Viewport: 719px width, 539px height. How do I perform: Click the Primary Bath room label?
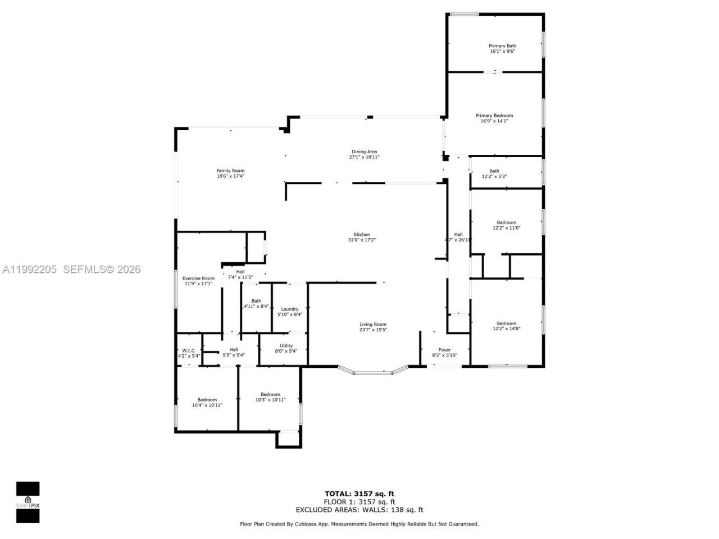click(x=502, y=46)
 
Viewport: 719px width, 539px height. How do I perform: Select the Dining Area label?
click(x=364, y=152)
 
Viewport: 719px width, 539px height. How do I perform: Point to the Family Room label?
click(x=230, y=171)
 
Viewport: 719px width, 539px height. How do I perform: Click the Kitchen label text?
click(x=362, y=235)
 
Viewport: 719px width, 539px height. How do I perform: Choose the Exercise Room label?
click(x=198, y=278)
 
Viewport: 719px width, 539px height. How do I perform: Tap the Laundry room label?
click(x=290, y=309)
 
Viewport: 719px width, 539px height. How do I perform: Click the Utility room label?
click(x=286, y=346)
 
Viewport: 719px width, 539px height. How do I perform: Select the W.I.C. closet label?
click(x=189, y=350)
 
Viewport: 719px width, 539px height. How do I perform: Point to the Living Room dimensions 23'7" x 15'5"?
click(x=373, y=330)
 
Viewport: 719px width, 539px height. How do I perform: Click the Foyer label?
click(x=444, y=350)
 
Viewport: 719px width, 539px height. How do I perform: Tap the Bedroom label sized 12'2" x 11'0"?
click(x=506, y=222)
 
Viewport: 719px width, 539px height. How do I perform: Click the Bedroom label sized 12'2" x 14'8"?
click(x=506, y=323)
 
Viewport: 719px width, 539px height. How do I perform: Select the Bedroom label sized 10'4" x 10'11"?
click(x=207, y=400)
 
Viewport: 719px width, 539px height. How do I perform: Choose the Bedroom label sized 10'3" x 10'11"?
click(x=270, y=395)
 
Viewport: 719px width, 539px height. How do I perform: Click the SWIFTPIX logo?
click(x=28, y=501)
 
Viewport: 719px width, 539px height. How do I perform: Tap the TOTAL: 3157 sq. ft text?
click(x=359, y=494)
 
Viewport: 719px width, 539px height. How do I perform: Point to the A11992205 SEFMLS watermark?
click(x=71, y=269)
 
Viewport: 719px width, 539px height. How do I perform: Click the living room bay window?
click(x=373, y=372)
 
